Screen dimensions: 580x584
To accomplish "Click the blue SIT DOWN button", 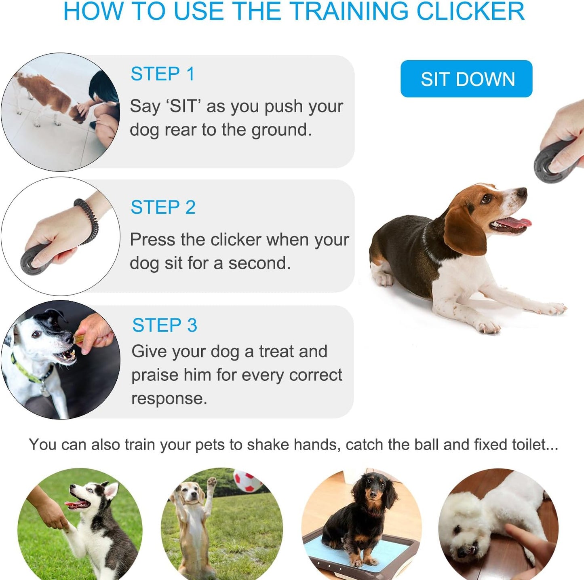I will click(466, 79).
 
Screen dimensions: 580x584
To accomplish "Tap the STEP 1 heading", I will click(162, 74).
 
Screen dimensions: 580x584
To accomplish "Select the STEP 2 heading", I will click(163, 207).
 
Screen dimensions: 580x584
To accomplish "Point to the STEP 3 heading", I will click(164, 325).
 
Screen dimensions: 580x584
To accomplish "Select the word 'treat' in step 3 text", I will click(276, 351).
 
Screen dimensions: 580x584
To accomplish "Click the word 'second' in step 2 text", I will click(259, 263).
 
